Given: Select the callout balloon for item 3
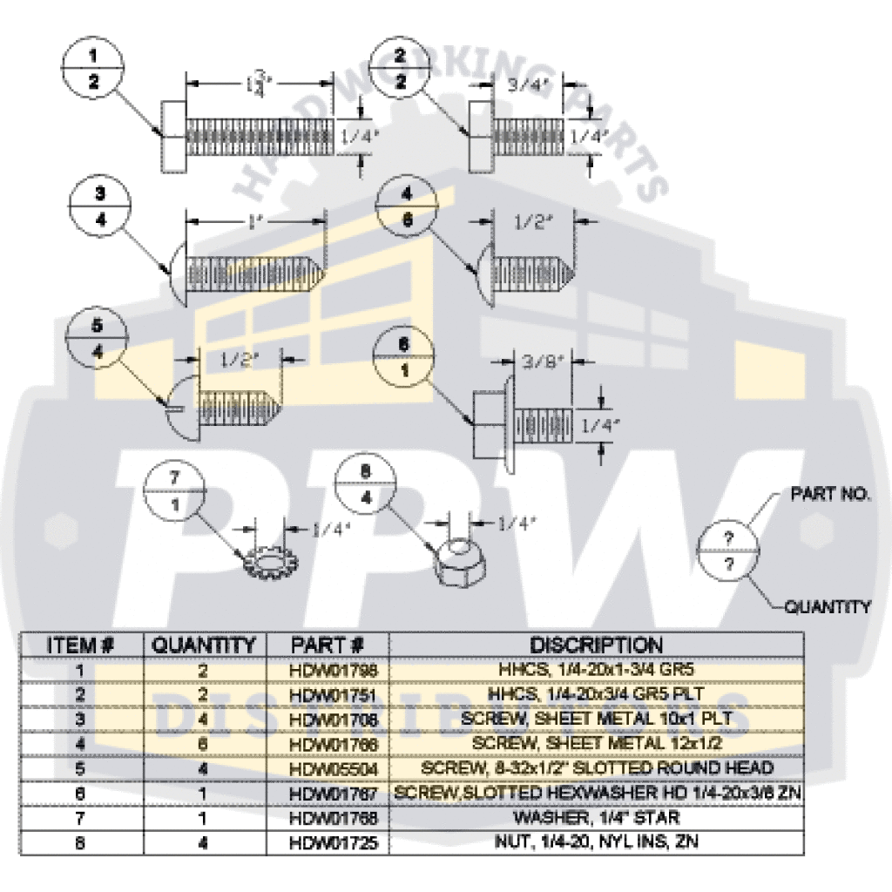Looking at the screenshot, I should coord(99,206).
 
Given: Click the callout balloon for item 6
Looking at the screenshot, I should coord(403,357).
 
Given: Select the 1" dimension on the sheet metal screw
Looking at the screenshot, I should coord(253,221).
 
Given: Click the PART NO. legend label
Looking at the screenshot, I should coord(828,494).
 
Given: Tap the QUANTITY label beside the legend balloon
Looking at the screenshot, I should coord(827,606).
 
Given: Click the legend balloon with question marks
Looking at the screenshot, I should coord(729,551).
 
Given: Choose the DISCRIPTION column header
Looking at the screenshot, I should coord(596,645).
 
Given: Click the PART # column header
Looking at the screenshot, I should coord(328,645).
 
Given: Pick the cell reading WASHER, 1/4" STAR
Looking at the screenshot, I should coord(596,818).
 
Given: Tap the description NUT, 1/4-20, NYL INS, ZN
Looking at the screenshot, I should coord(596,842).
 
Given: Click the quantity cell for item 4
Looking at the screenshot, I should coord(204,744).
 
